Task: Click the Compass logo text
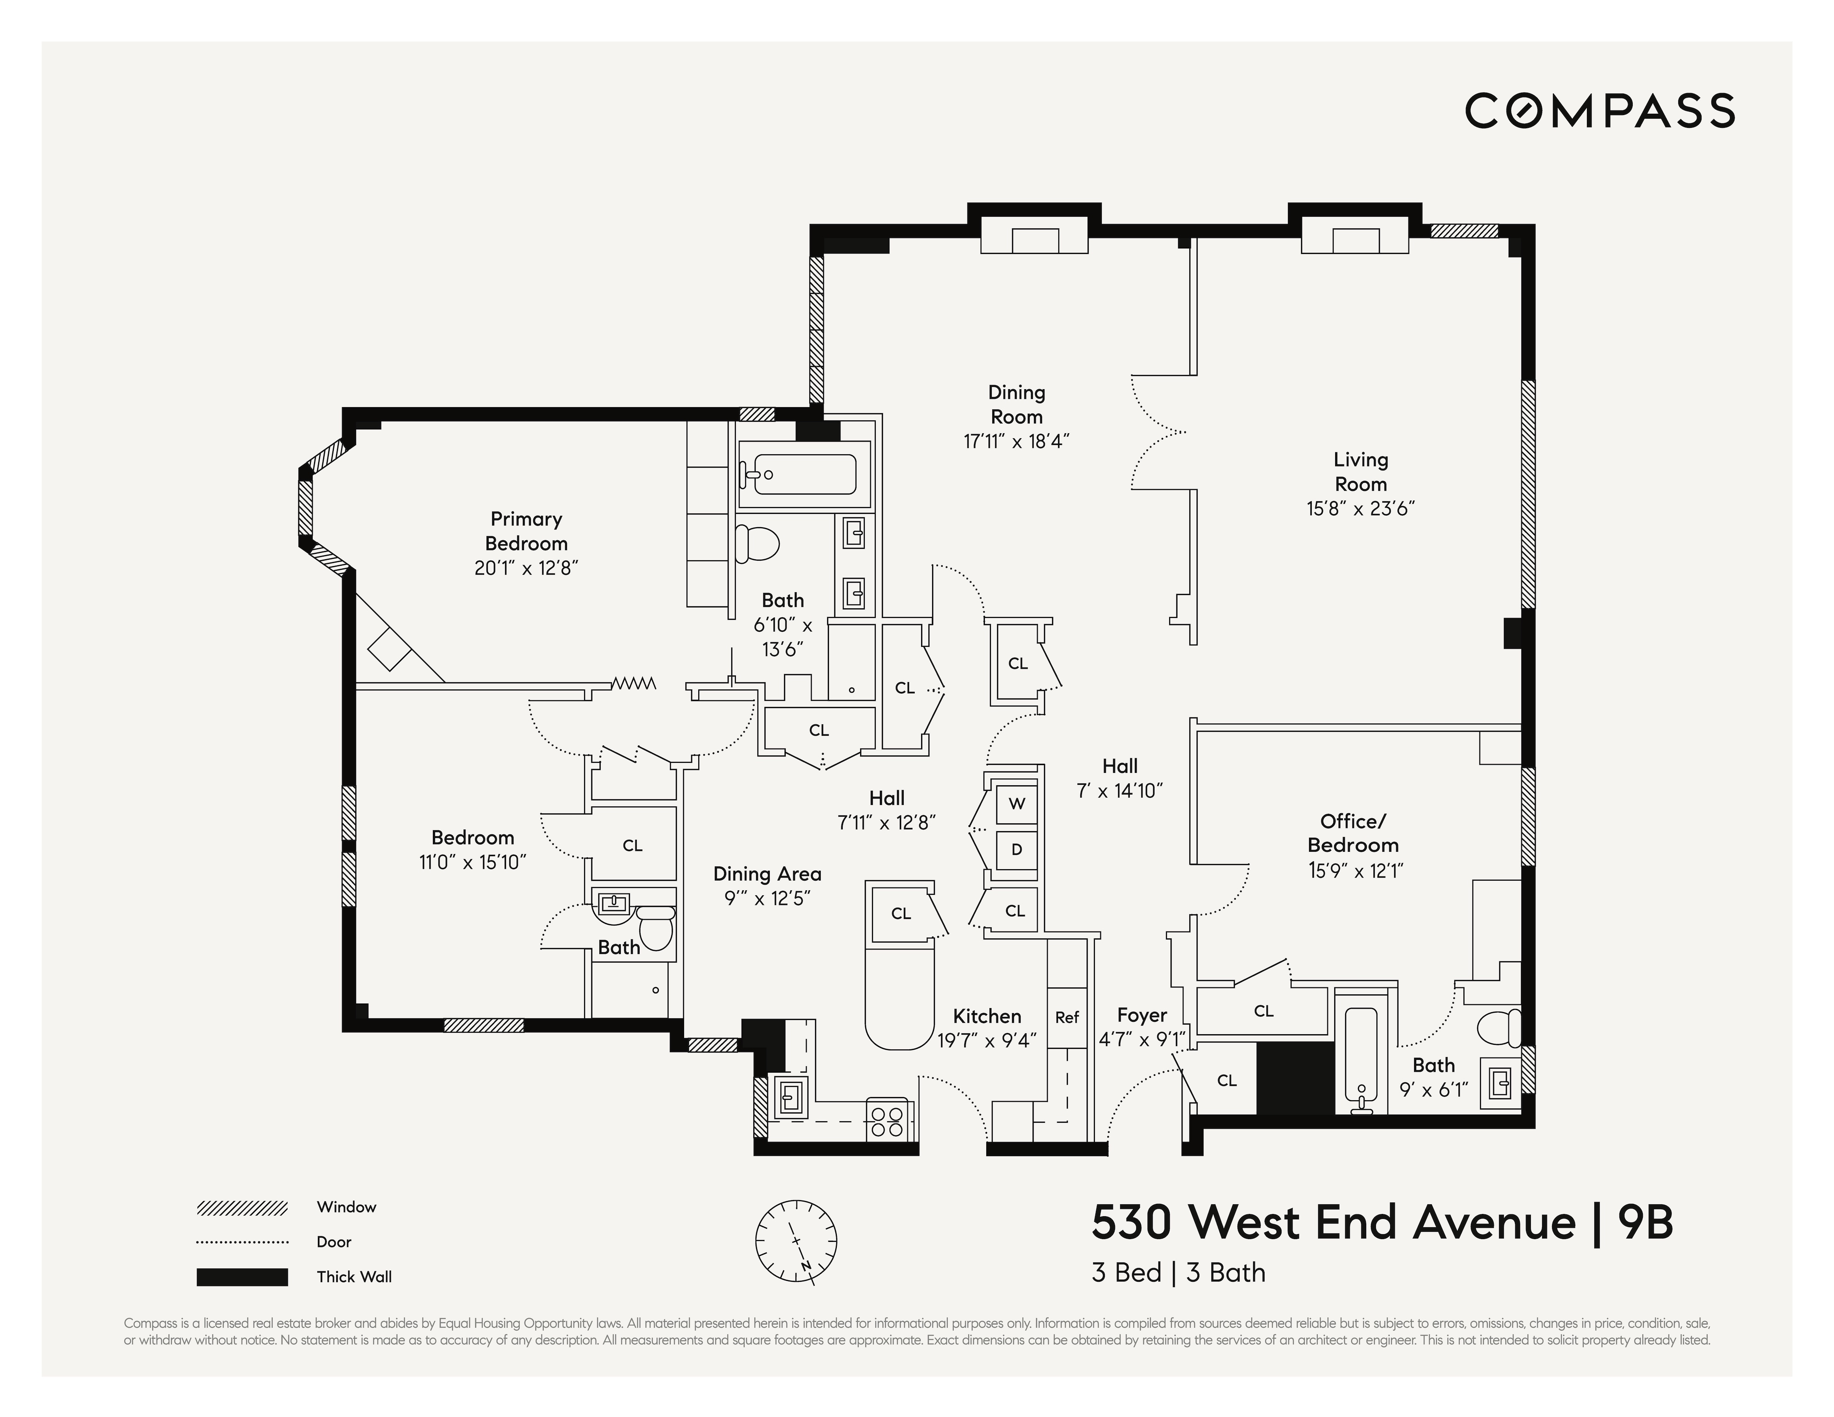1600,111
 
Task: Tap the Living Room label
1360,472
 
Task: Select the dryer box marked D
1016,849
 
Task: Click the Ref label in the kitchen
1066,1017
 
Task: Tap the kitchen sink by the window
790,1096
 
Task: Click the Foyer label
1141,1016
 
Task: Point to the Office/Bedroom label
1353,833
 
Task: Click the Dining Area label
767,874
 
